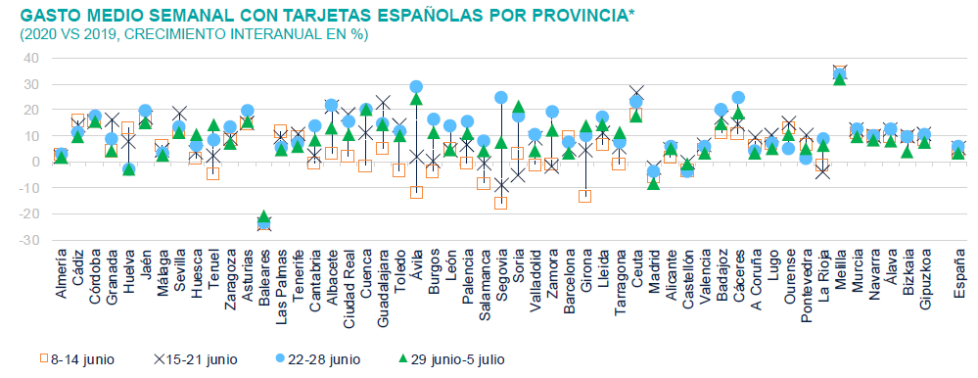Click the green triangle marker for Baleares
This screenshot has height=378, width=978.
(263, 216)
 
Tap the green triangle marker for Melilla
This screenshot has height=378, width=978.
(839, 78)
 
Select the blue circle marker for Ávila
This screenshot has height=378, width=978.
(416, 87)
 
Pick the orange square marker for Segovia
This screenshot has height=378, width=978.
(501, 203)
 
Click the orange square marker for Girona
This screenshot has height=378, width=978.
(585, 196)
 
